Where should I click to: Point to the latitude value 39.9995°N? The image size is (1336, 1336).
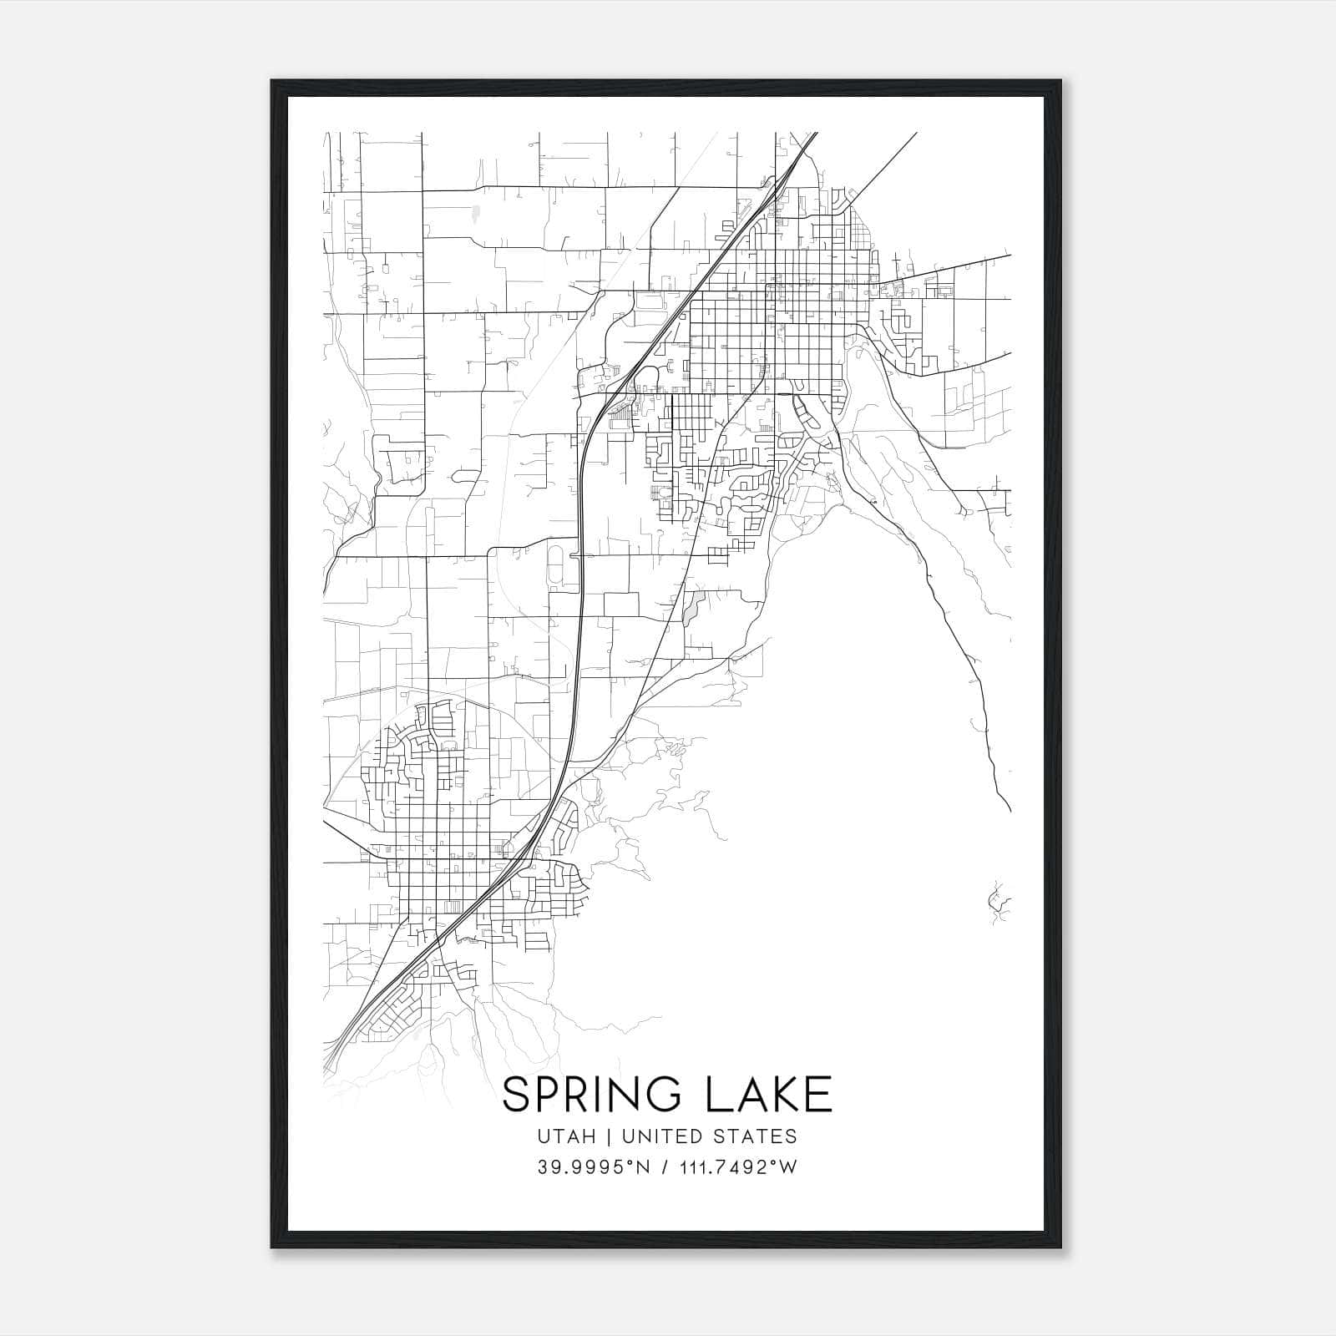(594, 1167)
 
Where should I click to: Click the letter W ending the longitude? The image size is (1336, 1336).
(788, 1167)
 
